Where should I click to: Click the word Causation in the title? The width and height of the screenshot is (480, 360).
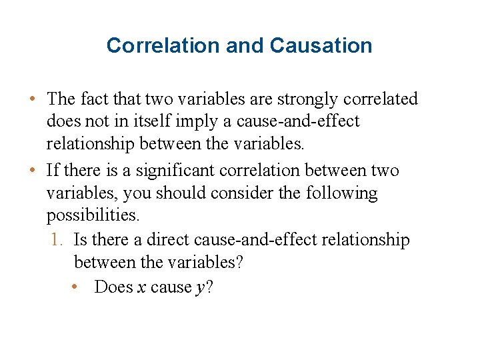(x=321, y=46)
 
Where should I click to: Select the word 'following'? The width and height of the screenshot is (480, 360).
(x=341, y=193)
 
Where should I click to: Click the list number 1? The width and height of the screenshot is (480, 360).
(x=57, y=240)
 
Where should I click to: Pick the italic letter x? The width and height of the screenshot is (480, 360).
(x=142, y=287)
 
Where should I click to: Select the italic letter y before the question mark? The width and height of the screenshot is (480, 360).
(x=199, y=289)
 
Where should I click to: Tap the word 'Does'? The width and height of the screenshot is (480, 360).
(x=113, y=287)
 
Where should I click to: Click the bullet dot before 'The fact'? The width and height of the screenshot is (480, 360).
(x=32, y=100)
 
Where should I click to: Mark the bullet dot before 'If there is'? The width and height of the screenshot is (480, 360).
(x=32, y=171)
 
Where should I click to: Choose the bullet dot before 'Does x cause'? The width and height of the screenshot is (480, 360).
(x=78, y=288)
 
